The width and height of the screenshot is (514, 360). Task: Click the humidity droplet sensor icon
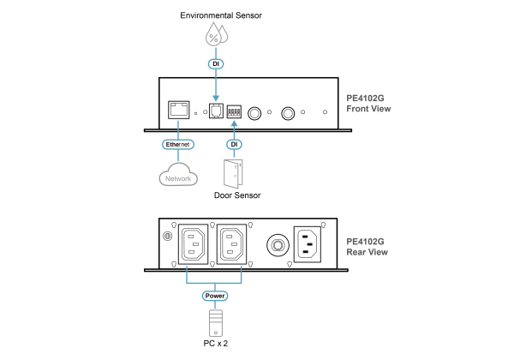(216, 35)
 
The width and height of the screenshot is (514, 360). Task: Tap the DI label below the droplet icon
(216, 63)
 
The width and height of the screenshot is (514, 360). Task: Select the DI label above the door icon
(234, 144)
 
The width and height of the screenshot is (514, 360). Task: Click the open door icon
(233, 173)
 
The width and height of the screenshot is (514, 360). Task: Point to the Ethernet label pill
(177, 144)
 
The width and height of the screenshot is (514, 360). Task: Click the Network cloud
(178, 177)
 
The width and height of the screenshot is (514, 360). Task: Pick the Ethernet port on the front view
(178, 110)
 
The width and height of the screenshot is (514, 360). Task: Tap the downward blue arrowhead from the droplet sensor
(216, 97)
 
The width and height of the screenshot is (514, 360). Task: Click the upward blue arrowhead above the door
(234, 124)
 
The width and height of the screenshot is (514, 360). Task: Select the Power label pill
(215, 296)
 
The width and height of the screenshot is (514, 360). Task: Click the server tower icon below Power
(215, 323)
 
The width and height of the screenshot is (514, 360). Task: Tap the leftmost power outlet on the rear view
(193, 245)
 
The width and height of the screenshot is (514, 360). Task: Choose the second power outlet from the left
(233, 245)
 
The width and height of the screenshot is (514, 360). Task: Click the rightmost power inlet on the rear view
(308, 244)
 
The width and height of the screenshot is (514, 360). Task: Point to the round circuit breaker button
(278, 246)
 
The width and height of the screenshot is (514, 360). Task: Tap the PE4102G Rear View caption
(367, 247)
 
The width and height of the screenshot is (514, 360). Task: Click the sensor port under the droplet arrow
(216, 111)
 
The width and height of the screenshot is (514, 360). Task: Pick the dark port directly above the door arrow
(234, 111)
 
